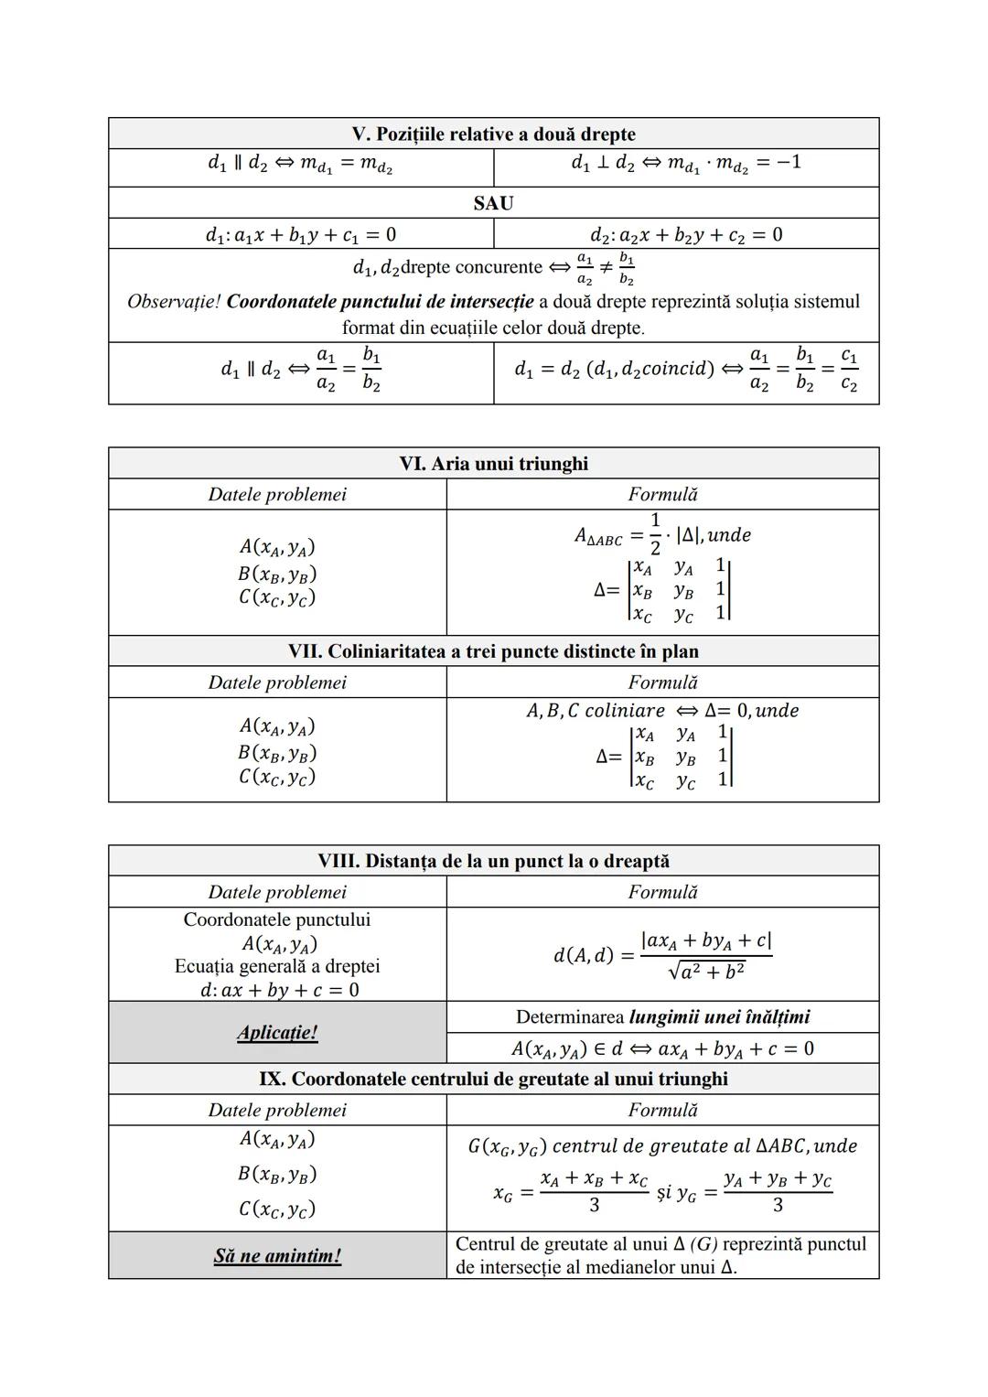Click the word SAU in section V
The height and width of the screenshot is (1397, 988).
tap(493, 203)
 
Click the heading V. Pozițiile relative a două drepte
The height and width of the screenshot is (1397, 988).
tap(493, 134)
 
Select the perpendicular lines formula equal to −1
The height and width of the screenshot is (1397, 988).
tap(685, 164)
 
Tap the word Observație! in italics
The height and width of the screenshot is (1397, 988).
tap(173, 301)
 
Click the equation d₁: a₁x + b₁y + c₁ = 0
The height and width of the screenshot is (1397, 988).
tap(300, 235)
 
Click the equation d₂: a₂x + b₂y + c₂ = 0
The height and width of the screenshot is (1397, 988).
tap(685, 235)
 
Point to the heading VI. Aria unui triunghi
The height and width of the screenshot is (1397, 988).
tap(493, 464)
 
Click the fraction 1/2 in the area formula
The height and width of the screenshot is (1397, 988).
tap(655, 533)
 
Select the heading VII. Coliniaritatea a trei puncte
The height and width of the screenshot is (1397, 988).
tap(493, 651)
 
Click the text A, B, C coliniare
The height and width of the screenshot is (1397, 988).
tap(596, 711)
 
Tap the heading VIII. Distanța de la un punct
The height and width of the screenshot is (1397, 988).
tap(493, 861)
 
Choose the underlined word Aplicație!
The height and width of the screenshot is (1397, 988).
tap(277, 1032)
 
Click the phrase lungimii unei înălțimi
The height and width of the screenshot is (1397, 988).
tap(719, 1016)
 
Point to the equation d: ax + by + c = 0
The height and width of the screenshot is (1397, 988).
tap(279, 990)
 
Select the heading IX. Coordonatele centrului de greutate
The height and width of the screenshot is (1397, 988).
tap(493, 1079)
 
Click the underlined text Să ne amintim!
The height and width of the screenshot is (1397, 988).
tap(277, 1255)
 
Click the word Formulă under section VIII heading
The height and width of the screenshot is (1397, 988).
tap(662, 892)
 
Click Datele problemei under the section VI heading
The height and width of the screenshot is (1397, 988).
tap(277, 495)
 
